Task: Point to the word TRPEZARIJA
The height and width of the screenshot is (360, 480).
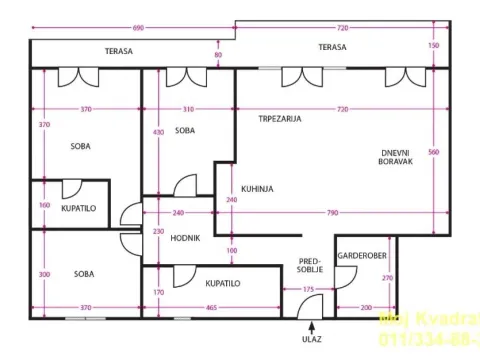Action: [279, 118]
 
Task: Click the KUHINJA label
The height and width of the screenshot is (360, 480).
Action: [257, 188]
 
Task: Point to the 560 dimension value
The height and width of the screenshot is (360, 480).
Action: [433, 152]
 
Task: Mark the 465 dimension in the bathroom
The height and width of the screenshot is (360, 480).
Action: [212, 308]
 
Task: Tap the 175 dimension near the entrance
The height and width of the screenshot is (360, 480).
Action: [309, 290]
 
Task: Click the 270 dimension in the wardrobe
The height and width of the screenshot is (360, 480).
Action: [388, 277]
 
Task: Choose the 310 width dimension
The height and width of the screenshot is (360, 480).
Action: [189, 109]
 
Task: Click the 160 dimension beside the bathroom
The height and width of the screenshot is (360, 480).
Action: [44, 205]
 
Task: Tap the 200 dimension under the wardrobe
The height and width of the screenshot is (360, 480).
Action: [366, 308]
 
